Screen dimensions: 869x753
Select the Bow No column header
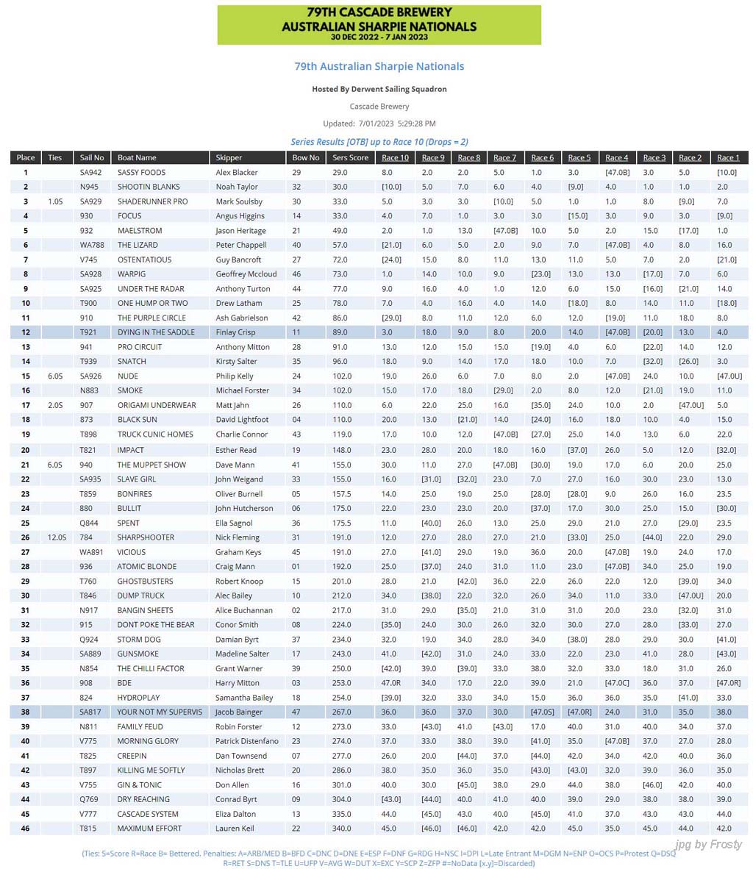point(306,157)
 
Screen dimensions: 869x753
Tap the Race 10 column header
point(395,157)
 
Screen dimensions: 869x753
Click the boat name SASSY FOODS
point(141,172)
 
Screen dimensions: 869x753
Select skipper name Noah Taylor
point(237,187)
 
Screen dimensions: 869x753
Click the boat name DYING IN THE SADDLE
point(156,332)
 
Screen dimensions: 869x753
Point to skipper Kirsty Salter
point(237,362)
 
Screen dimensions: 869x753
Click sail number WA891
point(92,552)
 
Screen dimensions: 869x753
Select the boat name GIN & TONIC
point(139,784)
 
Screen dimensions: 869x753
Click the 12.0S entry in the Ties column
point(55,537)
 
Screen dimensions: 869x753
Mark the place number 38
point(26,712)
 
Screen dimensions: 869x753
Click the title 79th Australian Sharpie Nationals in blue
point(379,66)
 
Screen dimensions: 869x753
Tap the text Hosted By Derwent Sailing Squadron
point(379,89)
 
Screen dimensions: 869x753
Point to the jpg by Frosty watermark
point(707,844)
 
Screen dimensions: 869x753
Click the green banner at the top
point(379,24)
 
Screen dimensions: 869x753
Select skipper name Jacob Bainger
point(241,712)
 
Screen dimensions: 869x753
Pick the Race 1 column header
point(728,157)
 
